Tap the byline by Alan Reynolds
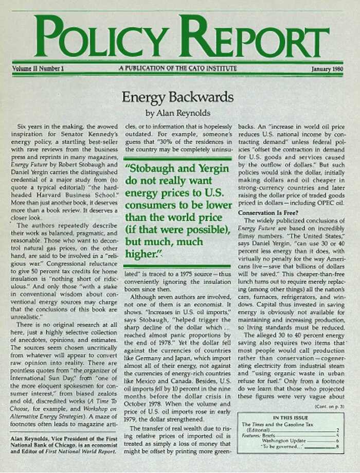click(x=178, y=113)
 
